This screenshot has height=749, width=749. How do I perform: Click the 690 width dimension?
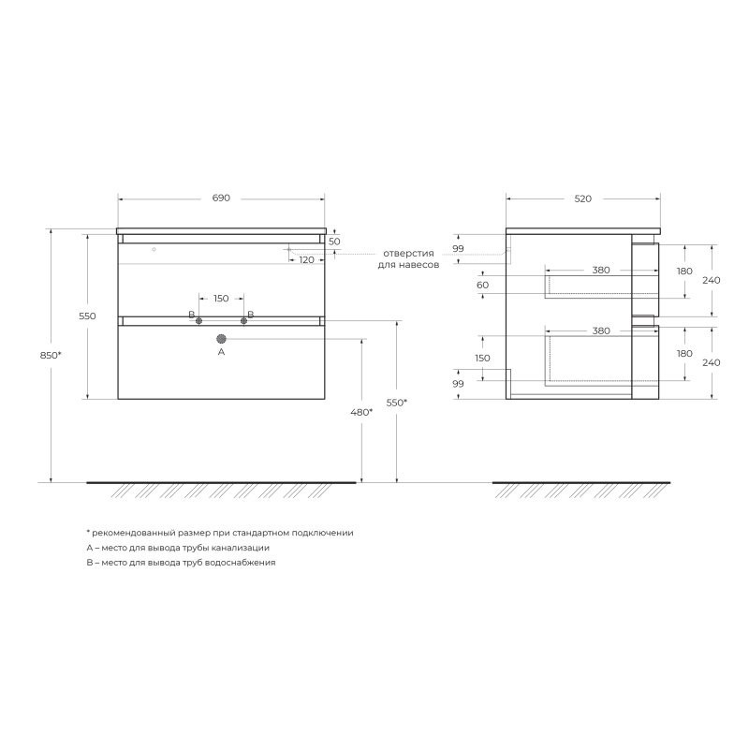(221, 198)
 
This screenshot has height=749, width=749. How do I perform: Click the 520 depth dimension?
(582, 198)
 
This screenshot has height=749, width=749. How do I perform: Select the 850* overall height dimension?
(51, 356)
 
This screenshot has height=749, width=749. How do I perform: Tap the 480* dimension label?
(361, 412)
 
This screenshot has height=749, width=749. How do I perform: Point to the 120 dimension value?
(307, 260)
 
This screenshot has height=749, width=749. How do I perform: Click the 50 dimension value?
(334, 242)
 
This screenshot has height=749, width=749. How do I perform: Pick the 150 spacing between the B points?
(221, 299)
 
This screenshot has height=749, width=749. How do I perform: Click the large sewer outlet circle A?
(221, 339)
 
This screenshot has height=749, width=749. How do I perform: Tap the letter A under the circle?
(221, 352)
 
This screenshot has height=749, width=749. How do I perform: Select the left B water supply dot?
(198, 321)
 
